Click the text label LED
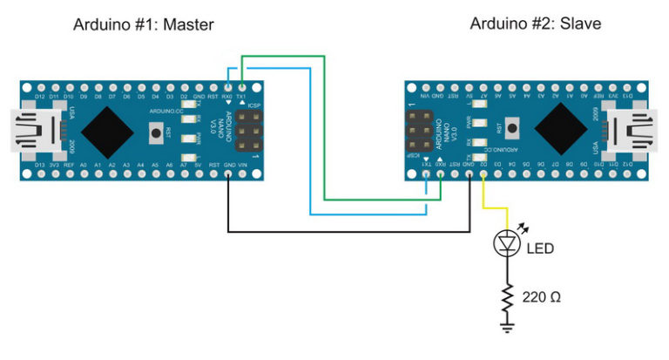[539, 248]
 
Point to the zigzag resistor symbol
[506, 297]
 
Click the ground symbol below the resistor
[506, 327]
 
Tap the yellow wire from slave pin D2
[492, 207]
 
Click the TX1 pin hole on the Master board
[241, 87]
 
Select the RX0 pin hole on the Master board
[227, 87]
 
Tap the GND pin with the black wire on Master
[227, 173]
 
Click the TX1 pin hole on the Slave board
[426, 173]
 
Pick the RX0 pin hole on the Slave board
[441, 173]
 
